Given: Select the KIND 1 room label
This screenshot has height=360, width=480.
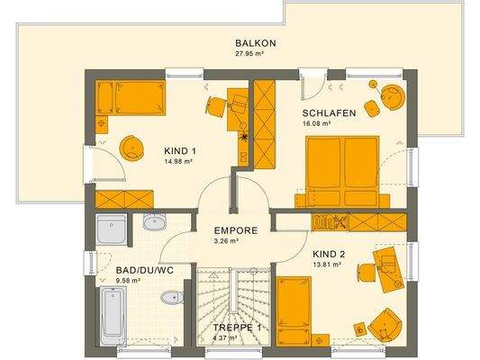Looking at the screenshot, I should click(180, 151).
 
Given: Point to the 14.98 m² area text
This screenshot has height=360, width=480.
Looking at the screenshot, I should click(180, 162).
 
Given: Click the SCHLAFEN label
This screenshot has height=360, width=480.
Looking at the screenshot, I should click(329, 113).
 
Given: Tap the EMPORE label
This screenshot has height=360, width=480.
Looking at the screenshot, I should click(236, 230).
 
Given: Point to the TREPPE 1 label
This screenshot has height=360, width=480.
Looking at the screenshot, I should click(236, 328).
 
